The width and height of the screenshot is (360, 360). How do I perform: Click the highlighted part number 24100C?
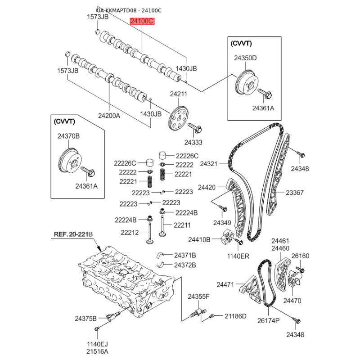pyautogui.click(x=142, y=21)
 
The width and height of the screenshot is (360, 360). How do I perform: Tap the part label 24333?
pyautogui.click(x=193, y=142)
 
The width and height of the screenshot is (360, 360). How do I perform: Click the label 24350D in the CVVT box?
pyautogui.click(x=245, y=58)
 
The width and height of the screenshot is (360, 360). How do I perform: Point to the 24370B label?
pyautogui.click(x=68, y=136)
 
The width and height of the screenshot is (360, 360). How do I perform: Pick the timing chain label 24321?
pyautogui.click(x=208, y=164)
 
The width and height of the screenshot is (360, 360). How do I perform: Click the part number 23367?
pyautogui.click(x=295, y=193)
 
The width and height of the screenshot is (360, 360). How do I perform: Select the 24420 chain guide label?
pyautogui.click(x=207, y=187)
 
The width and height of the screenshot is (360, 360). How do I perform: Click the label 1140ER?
pyautogui.click(x=238, y=256)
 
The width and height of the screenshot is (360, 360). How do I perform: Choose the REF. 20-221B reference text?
pyautogui.click(x=73, y=234)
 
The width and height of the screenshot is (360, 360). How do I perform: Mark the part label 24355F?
pyautogui.click(x=198, y=297)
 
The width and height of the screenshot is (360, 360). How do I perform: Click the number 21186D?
pyautogui.click(x=235, y=316)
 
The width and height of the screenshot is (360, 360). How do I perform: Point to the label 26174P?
pyautogui.click(x=268, y=320)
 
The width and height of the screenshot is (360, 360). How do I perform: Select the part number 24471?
pyautogui.click(x=225, y=285)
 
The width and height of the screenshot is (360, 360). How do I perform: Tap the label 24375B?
pyautogui.click(x=85, y=319)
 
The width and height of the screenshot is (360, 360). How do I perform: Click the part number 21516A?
pyautogui.click(x=97, y=351)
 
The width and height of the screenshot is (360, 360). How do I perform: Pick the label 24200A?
pyautogui.click(x=109, y=116)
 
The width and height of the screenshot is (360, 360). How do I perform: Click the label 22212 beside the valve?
pyautogui.click(x=130, y=233)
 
